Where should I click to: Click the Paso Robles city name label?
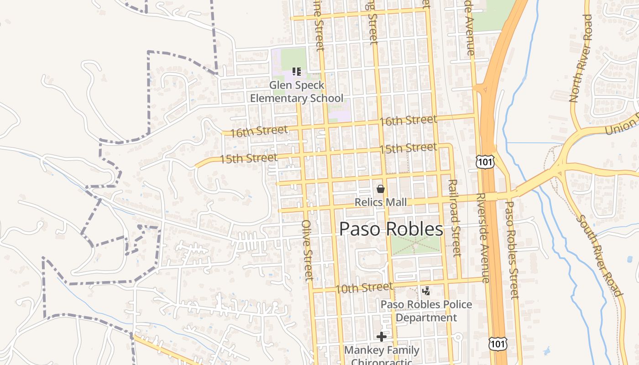click(x=391, y=229)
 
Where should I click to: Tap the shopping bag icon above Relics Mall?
click(x=381, y=189)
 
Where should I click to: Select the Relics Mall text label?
click(x=381, y=202)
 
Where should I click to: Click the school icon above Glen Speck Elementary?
click(x=297, y=71)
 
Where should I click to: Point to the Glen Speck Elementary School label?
click(x=297, y=92)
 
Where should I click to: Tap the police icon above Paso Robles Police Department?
click(x=426, y=291)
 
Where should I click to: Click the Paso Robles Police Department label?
click(x=426, y=311)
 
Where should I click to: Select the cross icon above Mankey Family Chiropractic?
click(x=382, y=337)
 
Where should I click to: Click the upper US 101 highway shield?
click(x=484, y=161)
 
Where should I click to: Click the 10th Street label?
click(x=364, y=288)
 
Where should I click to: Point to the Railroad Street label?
click(x=454, y=218)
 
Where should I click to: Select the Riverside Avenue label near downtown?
click(x=482, y=237)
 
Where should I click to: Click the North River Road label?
click(x=581, y=58)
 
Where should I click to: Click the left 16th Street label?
click(x=259, y=131)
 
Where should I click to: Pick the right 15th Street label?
click(x=408, y=148)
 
